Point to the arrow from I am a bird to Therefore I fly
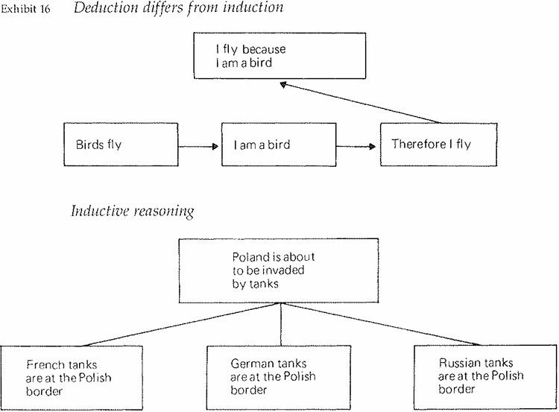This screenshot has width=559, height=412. pos(359,146)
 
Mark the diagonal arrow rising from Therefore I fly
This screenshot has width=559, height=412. pos(358,102)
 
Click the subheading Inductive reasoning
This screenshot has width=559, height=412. pos(132,212)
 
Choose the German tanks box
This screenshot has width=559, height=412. pos(279,376)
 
